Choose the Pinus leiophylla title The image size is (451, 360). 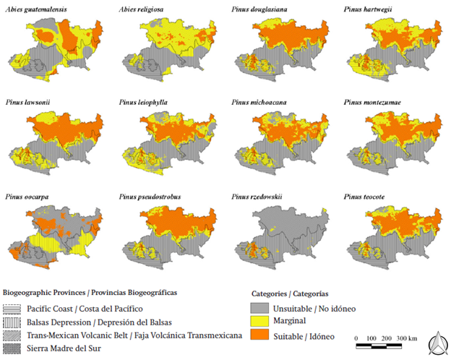pos(143,102)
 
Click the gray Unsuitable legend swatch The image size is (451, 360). pos(261,308)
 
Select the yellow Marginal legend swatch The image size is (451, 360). pos(261,320)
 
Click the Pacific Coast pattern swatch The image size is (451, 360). pos(12,308)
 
